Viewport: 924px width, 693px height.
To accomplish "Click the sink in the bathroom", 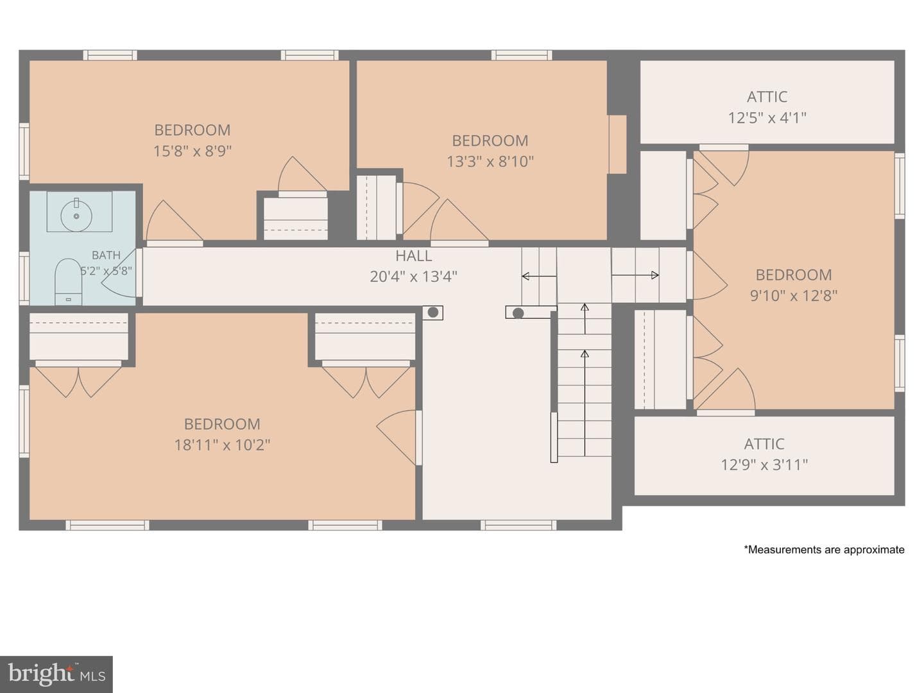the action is tap(76, 216).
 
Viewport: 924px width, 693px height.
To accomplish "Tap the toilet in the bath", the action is tap(68, 282).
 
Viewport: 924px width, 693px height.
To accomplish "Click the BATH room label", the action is tap(106, 255).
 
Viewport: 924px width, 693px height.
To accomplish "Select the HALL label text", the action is tap(413, 256).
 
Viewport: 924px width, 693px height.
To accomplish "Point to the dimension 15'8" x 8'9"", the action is tap(193, 151).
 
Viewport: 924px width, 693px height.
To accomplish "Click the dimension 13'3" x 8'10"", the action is tap(490, 161).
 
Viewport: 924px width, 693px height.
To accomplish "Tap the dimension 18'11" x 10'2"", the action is tap(222, 445).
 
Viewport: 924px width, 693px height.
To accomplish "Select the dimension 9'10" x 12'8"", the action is tap(794, 295).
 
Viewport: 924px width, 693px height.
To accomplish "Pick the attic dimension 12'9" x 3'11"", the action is tap(764, 465).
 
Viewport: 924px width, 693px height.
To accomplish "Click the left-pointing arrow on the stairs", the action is tap(539, 277).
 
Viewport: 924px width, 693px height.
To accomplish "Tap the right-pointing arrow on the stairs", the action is tap(635, 276).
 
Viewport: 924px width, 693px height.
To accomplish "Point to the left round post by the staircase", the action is tap(432, 312).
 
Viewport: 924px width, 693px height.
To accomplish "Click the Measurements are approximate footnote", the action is tap(825, 549).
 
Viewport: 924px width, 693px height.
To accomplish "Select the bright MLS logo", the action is tap(56, 674).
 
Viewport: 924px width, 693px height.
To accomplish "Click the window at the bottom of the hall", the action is tap(518, 525).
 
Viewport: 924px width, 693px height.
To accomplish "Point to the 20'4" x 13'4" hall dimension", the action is tap(413, 277).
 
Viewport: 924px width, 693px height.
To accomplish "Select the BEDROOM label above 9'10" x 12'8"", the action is tap(794, 275).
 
